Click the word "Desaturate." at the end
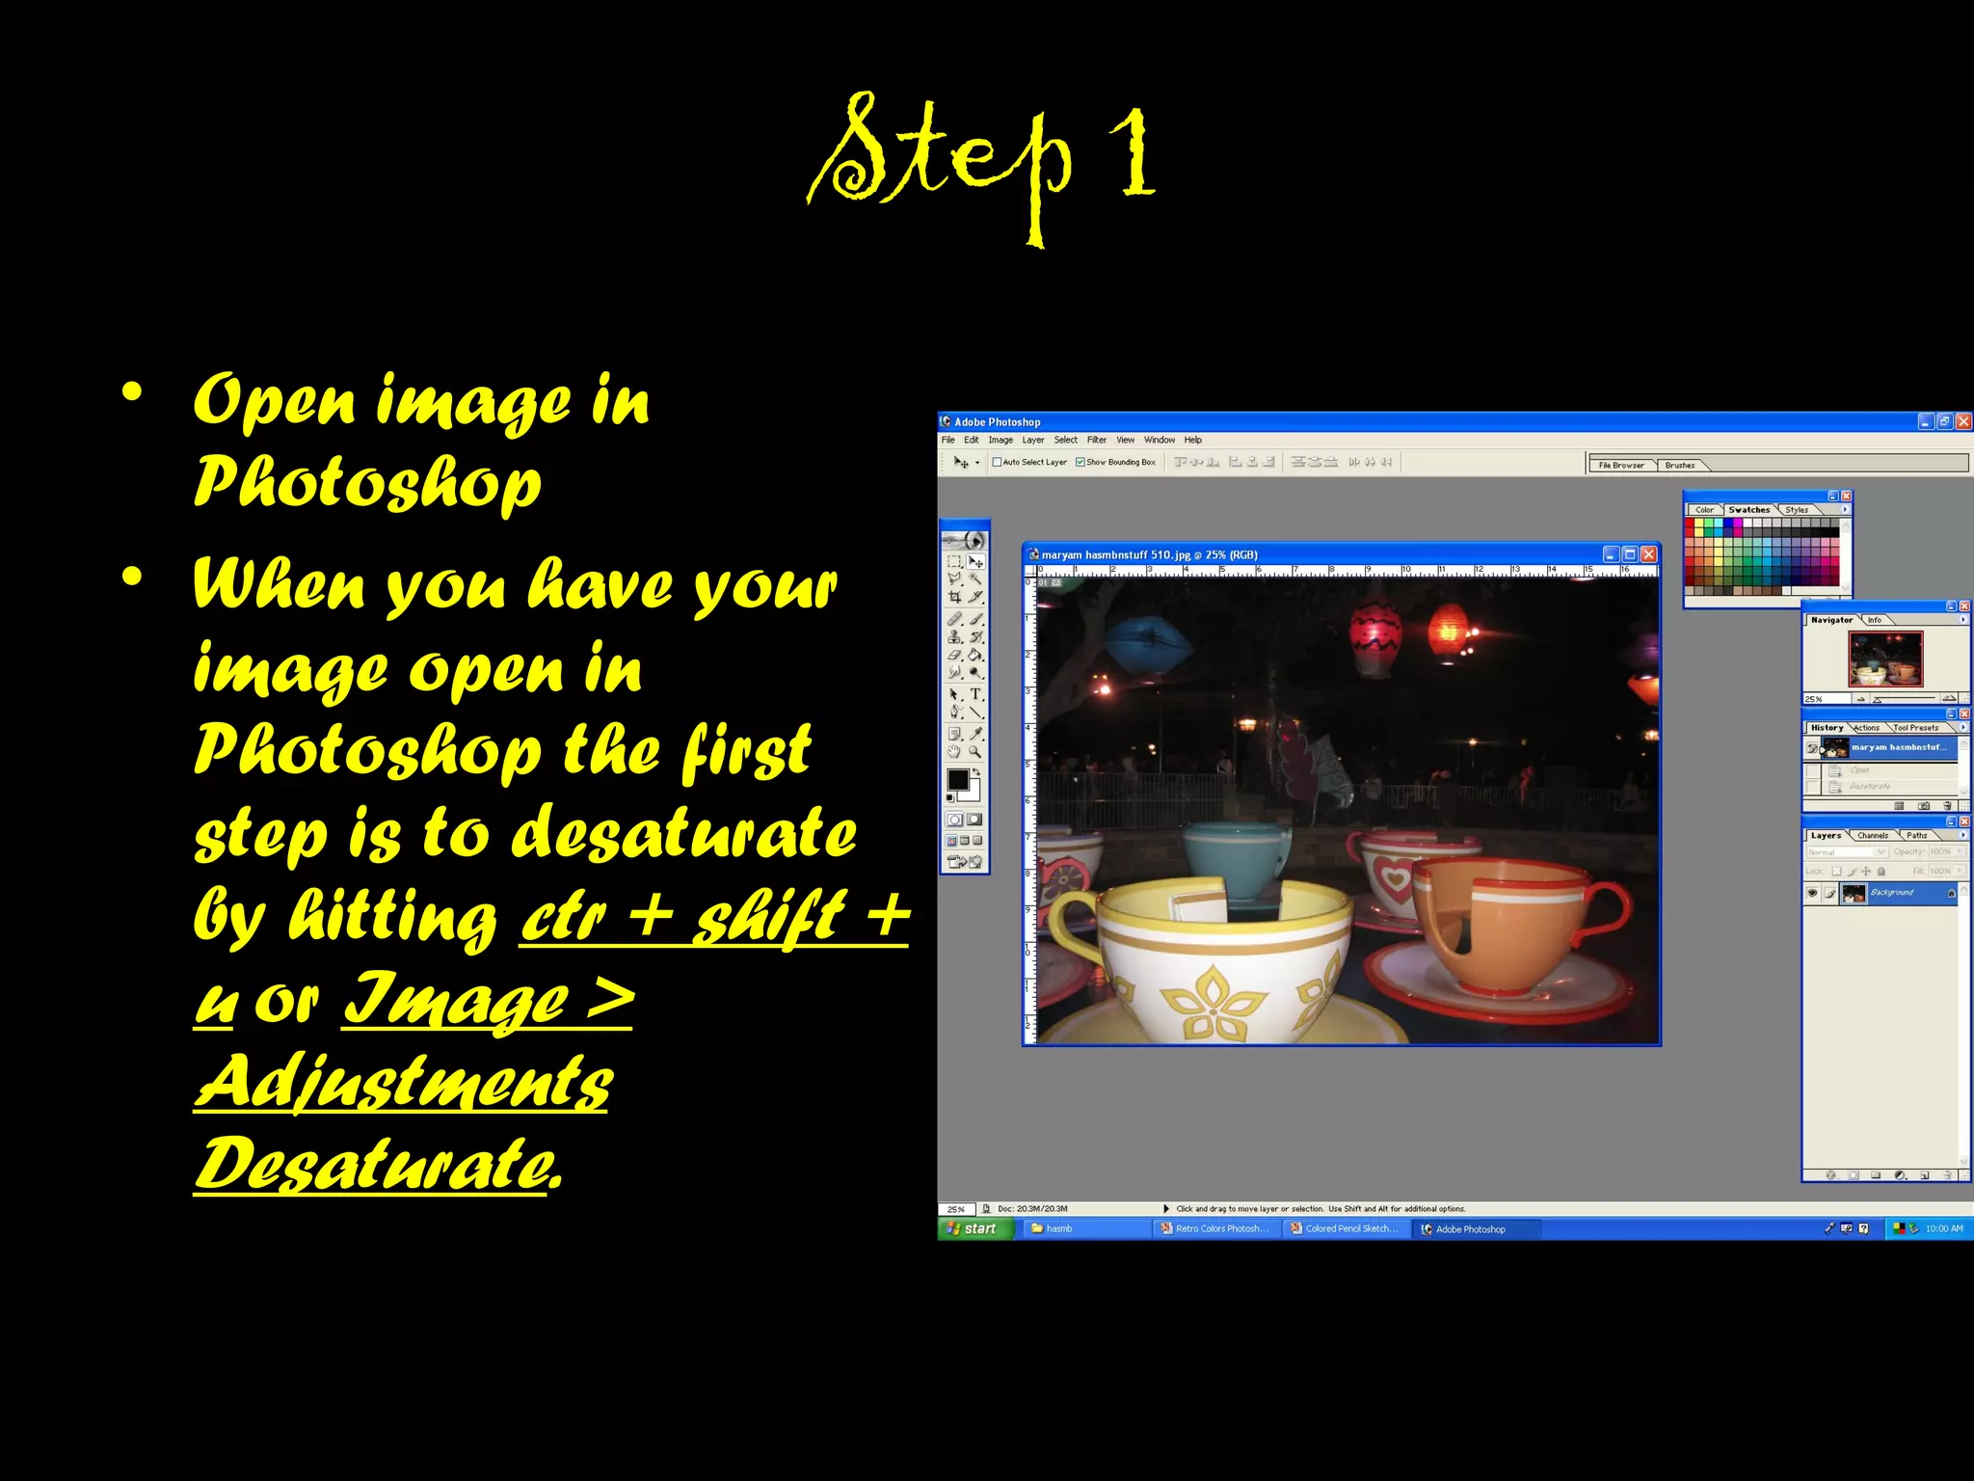click(x=378, y=1164)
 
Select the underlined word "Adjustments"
click(x=403, y=1081)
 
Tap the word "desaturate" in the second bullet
click(x=683, y=833)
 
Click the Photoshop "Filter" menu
click(x=1097, y=440)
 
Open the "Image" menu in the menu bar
click(x=1000, y=440)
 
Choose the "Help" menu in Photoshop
click(x=1193, y=440)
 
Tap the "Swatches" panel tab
click(x=1748, y=510)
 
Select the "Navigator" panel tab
click(x=1831, y=620)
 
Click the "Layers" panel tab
click(x=1826, y=836)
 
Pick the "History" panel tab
click(x=1827, y=728)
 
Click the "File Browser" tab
click(x=1621, y=466)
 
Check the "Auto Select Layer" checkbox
click(x=998, y=463)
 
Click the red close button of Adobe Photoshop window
click(x=1962, y=421)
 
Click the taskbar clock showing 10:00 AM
click(x=1943, y=1228)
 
